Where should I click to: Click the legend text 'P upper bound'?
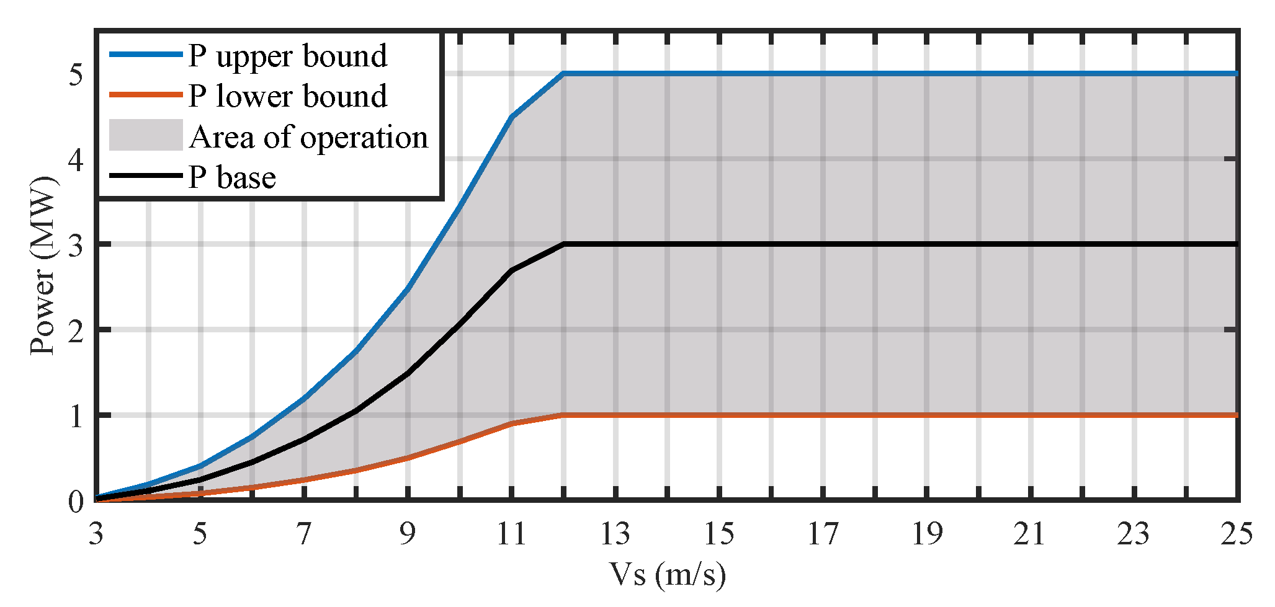tap(288, 56)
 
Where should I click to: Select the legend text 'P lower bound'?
tap(288, 97)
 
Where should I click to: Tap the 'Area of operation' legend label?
tap(308, 138)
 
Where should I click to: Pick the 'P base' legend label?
tap(232, 178)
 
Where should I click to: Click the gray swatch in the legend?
tap(146, 135)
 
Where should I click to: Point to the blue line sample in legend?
tap(146, 55)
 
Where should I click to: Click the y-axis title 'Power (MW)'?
tap(43, 267)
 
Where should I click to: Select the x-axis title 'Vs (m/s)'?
tap(667, 575)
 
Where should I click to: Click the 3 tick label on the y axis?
tap(76, 245)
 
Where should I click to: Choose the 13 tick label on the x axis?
tap(615, 534)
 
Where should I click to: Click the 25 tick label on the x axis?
tap(1237, 534)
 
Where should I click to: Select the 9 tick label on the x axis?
tap(408, 534)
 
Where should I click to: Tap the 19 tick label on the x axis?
tap(926, 534)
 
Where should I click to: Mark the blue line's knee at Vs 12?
tap(563, 73)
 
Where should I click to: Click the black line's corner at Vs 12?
tap(563, 244)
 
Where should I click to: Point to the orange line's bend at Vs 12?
tap(563, 415)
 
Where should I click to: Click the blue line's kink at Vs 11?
tap(511, 116)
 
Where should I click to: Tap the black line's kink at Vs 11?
tap(511, 270)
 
